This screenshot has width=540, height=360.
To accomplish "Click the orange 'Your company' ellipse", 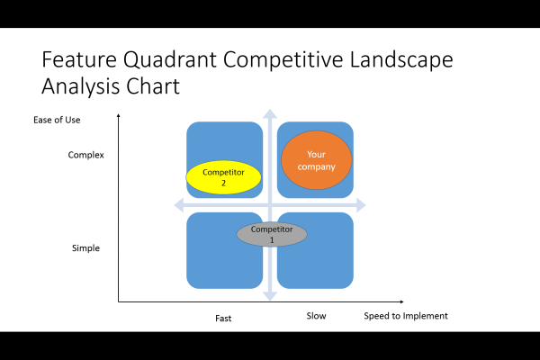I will point(315,160).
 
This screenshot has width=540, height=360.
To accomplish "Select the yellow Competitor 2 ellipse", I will point(223,177).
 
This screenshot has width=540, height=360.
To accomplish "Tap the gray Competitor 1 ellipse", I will point(272,234).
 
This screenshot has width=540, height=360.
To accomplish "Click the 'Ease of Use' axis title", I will point(57,120).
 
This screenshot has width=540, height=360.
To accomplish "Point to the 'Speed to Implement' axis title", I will point(405,316).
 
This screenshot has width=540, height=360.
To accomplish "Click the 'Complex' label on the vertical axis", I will point(86,155).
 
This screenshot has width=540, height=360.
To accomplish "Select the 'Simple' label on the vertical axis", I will point(85,247).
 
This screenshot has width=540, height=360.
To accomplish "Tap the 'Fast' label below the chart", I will point(223,318).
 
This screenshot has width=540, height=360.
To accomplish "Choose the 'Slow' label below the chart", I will point(316,316).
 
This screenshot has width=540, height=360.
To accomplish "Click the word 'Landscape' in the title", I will point(400,61).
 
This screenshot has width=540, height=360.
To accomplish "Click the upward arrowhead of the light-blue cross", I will point(269,112).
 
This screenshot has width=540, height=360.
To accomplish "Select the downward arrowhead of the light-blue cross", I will point(269,297).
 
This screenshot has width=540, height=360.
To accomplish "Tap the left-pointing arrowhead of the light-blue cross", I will point(177,205).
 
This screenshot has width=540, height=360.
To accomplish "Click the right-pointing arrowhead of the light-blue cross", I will point(361,205).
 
